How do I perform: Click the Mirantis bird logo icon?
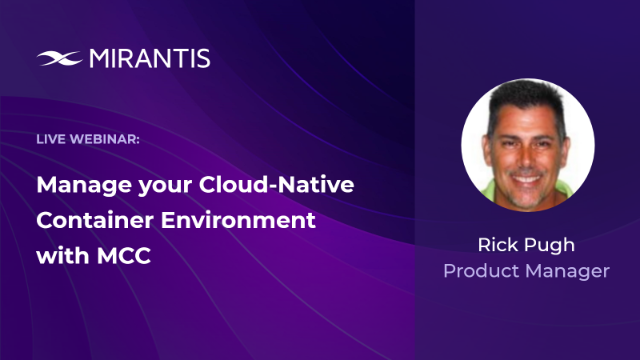pyautogui.click(x=59, y=58)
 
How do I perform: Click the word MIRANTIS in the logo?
pyautogui.click(x=149, y=58)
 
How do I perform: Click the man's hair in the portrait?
pyautogui.click(x=526, y=96)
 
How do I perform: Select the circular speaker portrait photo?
pyautogui.click(x=527, y=145)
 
